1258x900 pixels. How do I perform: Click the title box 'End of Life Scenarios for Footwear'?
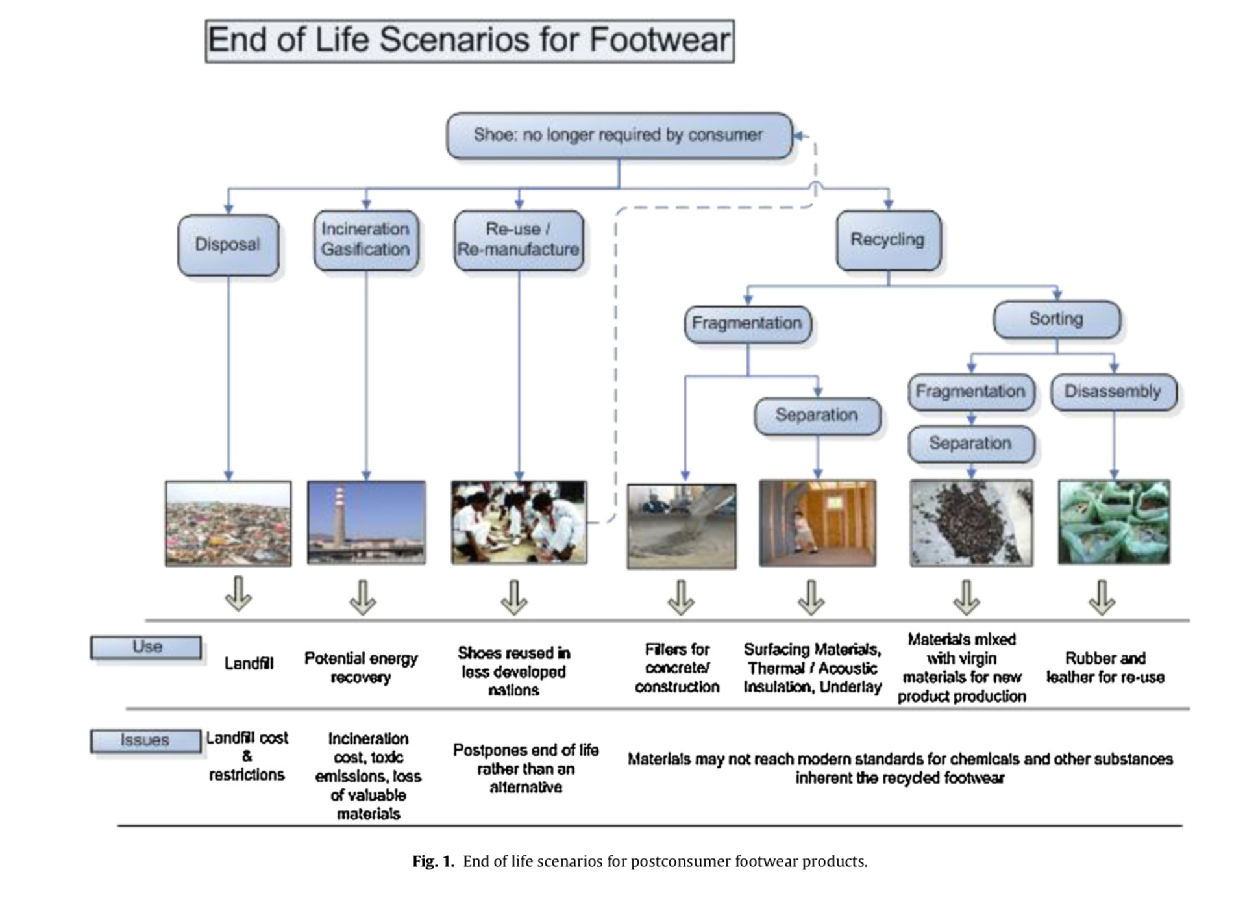click(469, 41)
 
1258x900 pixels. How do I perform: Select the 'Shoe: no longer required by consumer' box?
click(619, 135)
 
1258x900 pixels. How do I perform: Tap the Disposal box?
click(228, 245)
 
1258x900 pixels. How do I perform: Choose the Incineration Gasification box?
click(365, 240)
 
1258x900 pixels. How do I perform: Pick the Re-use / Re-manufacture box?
click(518, 240)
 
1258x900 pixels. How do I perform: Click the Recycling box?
click(887, 240)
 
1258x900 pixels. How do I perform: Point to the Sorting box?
click(1056, 319)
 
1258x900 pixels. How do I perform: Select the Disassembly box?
click(1113, 392)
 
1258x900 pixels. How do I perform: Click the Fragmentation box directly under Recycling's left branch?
click(747, 323)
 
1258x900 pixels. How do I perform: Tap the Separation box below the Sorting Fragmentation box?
click(970, 444)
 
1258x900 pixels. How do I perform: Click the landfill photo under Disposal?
click(228, 523)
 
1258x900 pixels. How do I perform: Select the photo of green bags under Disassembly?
click(1113, 522)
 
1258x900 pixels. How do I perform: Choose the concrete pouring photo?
click(681, 527)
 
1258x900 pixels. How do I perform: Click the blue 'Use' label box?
click(146, 647)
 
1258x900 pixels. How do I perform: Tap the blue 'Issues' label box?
click(145, 740)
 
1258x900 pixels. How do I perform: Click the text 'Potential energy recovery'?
click(361, 668)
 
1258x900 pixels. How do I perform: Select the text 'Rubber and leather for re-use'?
click(1105, 668)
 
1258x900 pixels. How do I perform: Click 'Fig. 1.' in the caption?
click(433, 862)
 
